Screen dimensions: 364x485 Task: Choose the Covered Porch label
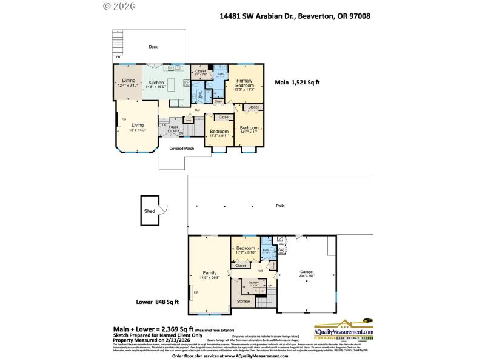[x=181, y=148]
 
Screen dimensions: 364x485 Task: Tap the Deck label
[x=154, y=46]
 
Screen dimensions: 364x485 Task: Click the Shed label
[x=149, y=211]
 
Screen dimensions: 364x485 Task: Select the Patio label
[x=280, y=206]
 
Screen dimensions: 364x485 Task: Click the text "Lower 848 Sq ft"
[x=156, y=302]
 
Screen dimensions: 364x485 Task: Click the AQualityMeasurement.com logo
[x=343, y=331]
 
